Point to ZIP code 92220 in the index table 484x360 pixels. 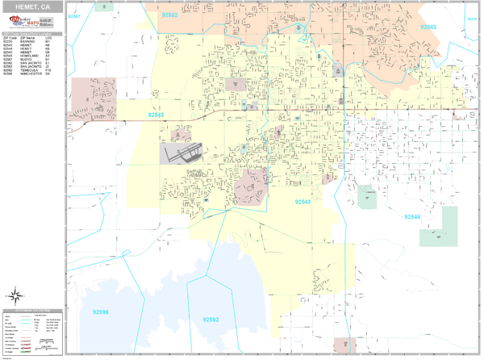click(8, 42)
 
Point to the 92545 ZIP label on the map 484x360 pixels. click(156, 115)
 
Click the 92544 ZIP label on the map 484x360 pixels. click(412, 217)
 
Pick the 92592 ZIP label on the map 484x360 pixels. click(211, 320)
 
